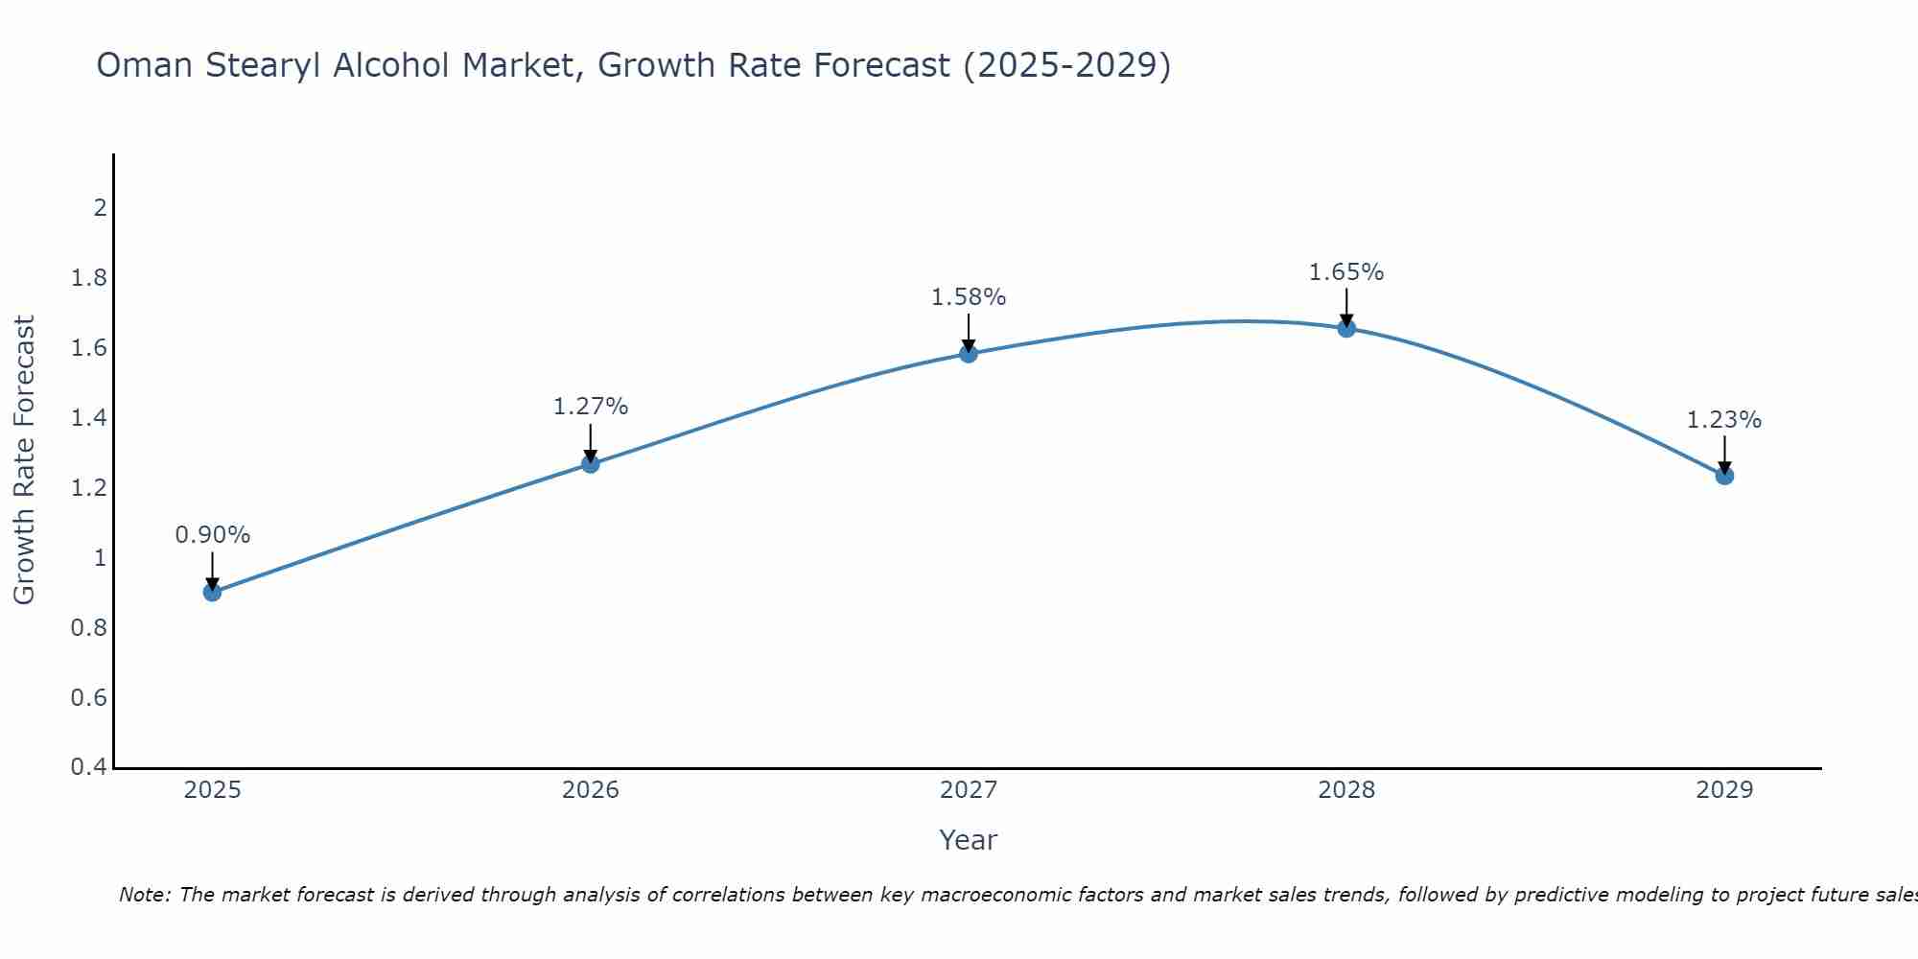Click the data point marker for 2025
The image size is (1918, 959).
click(x=213, y=592)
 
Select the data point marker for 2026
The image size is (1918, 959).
click(x=591, y=464)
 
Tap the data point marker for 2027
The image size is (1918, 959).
click(x=969, y=354)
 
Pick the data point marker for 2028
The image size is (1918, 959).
click(x=1346, y=328)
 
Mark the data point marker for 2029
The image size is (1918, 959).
click(x=1724, y=476)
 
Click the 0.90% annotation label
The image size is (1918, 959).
click(x=213, y=535)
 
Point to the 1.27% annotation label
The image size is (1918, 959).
click(x=591, y=407)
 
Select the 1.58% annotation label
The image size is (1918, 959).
click(x=969, y=297)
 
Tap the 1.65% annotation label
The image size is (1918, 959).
click(x=1346, y=272)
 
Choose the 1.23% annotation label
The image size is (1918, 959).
click(x=1724, y=420)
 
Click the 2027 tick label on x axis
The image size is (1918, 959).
click(x=969, y=790)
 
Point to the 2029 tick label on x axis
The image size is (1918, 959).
click(x=1724, y=790)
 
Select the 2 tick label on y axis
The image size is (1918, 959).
click(x=100, y=207)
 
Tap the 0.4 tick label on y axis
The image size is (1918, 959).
click(x=89, y=767)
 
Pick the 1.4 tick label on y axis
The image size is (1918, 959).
click(x=89, y=417)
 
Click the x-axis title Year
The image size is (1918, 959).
click(x=969, y=840)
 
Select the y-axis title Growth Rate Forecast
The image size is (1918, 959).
click(x=24, y=460)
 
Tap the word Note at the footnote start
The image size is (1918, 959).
click(x=144, y=895)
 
